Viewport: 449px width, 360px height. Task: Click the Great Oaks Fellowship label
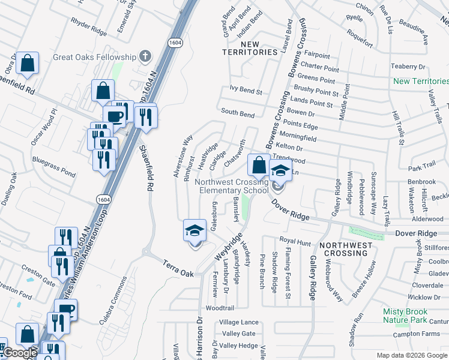95,57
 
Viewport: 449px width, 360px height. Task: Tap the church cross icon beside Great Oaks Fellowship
144,57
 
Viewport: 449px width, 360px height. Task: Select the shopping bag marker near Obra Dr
27,63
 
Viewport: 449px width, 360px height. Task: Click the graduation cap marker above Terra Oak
194,230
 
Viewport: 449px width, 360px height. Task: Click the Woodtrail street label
220,307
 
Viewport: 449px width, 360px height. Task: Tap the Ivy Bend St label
246,91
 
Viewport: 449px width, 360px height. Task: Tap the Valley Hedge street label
238,346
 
